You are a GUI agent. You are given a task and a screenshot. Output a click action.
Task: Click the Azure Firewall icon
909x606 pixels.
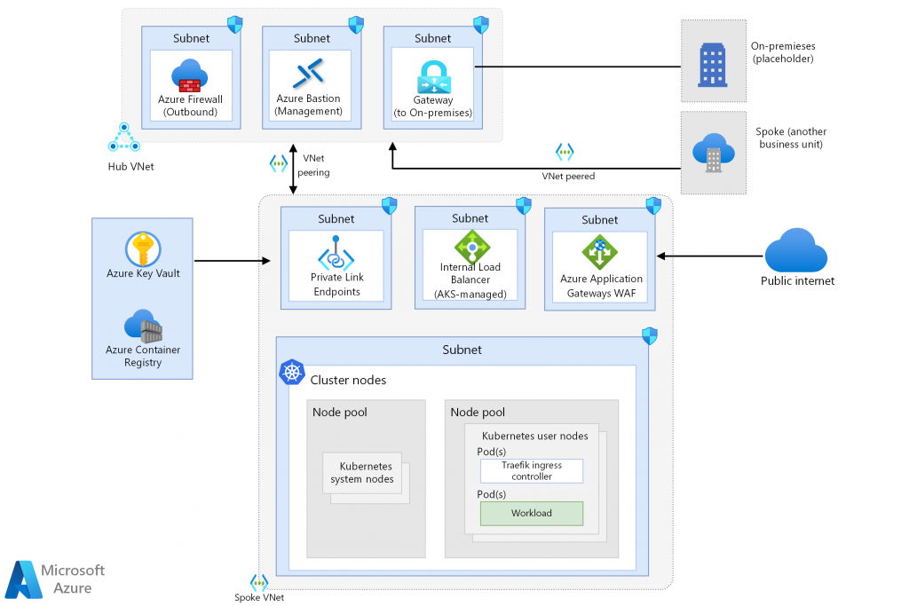tap(189, 75)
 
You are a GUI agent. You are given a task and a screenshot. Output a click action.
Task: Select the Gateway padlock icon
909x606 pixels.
tap(433, 77)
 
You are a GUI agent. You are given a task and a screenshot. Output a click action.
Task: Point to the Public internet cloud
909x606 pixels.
tap(797, 251)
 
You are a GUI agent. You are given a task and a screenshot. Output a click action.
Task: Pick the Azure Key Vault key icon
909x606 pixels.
tap(142, 249)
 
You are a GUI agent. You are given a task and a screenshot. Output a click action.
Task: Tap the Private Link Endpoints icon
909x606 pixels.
tap(336, 253)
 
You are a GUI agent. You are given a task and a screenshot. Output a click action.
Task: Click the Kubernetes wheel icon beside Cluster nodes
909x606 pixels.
tap(292, 373)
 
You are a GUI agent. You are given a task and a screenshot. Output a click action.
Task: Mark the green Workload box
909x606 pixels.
tap(531, 513)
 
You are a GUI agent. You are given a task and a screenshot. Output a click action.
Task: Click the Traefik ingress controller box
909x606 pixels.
tap(531, 470)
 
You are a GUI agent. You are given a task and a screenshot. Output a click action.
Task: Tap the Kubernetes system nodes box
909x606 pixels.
tap(365, 473)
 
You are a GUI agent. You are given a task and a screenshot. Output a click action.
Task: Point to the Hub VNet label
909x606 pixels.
tap(130, 166)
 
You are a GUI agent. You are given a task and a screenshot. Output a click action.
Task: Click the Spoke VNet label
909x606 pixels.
tap(259, 597)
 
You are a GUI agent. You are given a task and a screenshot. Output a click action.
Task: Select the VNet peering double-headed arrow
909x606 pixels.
tap(293, 169)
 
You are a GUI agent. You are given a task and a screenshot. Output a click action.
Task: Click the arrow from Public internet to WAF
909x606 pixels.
tap(710, 256)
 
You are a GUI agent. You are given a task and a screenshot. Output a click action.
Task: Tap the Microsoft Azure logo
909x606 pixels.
tap(55, 578)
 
